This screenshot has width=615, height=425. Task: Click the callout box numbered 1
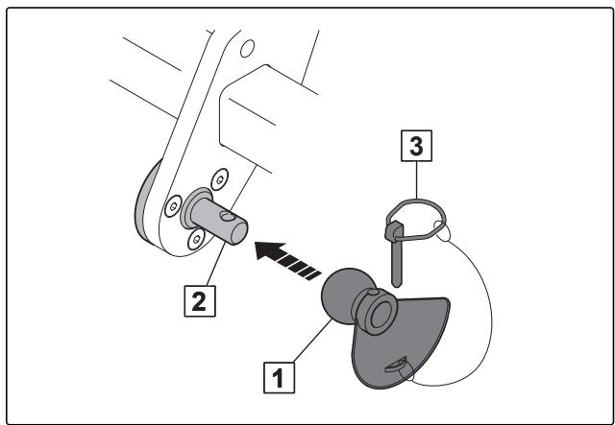[x=279, y=378]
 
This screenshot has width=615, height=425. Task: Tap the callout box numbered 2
[x=200, y=301]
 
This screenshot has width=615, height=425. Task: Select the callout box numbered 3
[x=416, y=146]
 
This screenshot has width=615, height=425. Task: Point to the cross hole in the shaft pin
[x=227, y=216]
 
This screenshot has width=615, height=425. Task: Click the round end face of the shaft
[x=239, y=233]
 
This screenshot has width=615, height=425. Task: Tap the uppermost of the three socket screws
[x=220, y=179]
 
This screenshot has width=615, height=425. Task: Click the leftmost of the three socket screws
[x=173, y=206]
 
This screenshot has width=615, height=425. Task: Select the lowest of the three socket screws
[x=196, y=239]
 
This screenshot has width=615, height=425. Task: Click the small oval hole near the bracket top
[x=247, y=49]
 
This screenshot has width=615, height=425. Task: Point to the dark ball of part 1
[x=342, y=295]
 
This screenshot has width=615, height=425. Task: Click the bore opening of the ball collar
[x=381, y=315]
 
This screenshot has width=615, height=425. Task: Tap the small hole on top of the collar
[x=372, y=293]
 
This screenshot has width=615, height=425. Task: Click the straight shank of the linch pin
[x=397, y=263]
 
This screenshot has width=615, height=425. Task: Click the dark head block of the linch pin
[x=393, y=230]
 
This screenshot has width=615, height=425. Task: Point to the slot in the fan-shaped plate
[x=395, y=365]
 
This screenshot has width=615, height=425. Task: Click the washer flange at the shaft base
[x=191, y=207]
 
